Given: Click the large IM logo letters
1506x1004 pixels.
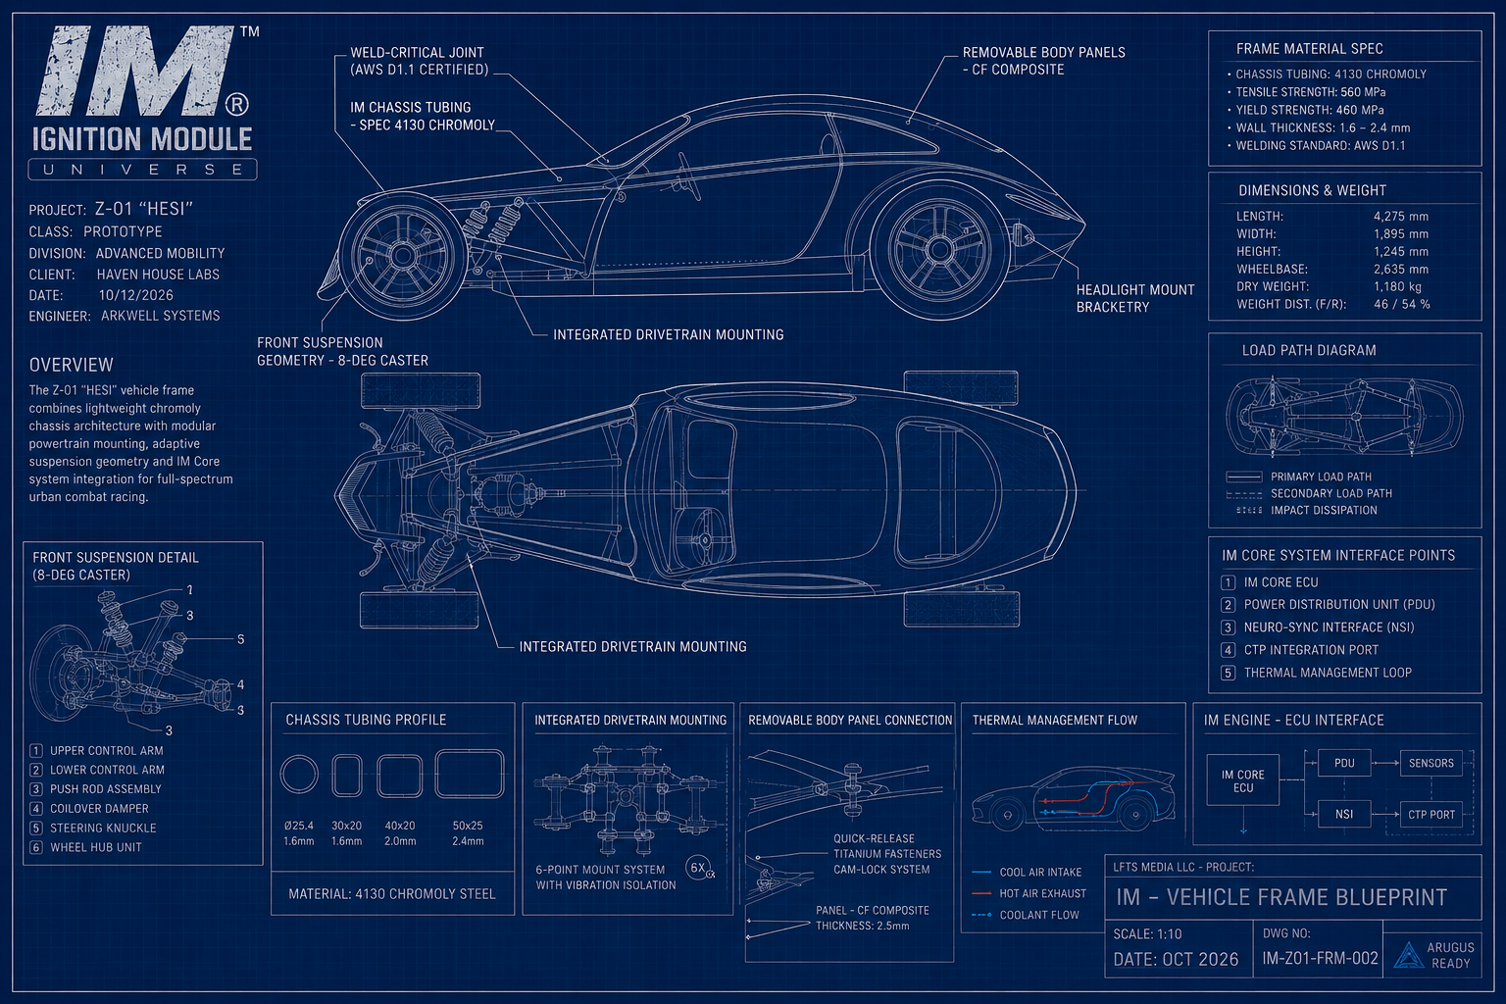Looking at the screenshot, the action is (x=138, y=71).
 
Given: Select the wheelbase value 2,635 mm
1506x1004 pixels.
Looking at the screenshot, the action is (x=1401, y=269).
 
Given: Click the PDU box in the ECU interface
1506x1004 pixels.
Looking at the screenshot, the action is (x=1344, y=763).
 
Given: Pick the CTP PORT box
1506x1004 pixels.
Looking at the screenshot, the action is (x=1431, y=815).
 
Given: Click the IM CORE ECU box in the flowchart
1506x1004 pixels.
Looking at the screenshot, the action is (x=1243, y=780).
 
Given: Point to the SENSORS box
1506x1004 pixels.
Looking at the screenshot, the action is (x=1431, y=763).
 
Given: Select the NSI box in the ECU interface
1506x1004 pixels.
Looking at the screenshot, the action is (x=1344, y=815).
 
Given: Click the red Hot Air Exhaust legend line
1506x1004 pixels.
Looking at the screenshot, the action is (x=982, y=894).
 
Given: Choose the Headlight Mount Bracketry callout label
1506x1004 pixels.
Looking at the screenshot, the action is (x=1134, y=299).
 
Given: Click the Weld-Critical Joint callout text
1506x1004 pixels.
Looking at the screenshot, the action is (x=420, y=61).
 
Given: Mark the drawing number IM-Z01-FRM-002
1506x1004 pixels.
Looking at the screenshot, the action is (x=1321, y=958).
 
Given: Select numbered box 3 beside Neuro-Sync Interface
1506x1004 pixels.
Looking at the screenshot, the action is (x=1229, y=627).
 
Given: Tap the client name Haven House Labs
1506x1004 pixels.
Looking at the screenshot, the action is (x=158, y=275).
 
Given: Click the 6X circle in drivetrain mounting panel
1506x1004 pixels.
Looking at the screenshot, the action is (x=698, y=868).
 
